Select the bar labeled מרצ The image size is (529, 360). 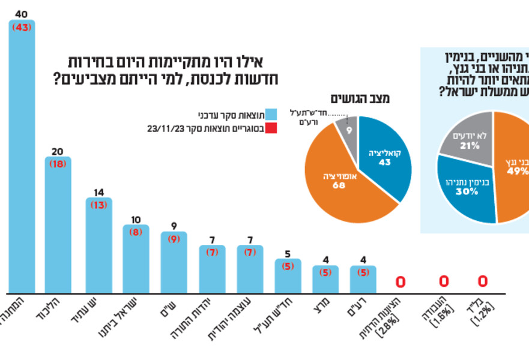coord(325,280)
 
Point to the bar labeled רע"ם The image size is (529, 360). coord(363,280)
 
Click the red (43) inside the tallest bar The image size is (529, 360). coord(22,28)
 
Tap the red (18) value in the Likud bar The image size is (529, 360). coord(58,164)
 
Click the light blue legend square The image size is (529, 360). coord(271,115)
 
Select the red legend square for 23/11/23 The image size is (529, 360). coord(271,128)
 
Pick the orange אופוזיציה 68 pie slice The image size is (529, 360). coord(339,180)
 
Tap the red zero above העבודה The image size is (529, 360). coord(444,281)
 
